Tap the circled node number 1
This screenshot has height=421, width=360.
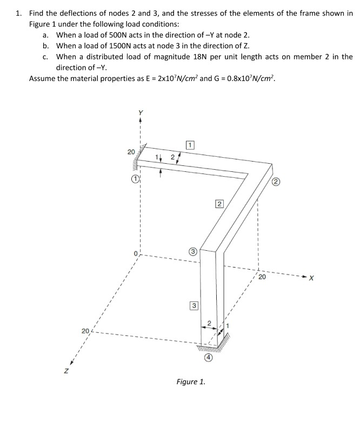tap(136, 178)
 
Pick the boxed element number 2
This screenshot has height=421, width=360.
tap(218, 204)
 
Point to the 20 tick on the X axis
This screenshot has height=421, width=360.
tap(262, 278)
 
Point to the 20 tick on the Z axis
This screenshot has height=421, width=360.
tap(85, 330)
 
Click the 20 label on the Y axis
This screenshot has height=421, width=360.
tap(131, 152)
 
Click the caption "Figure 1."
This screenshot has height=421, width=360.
tap(191, 382)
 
